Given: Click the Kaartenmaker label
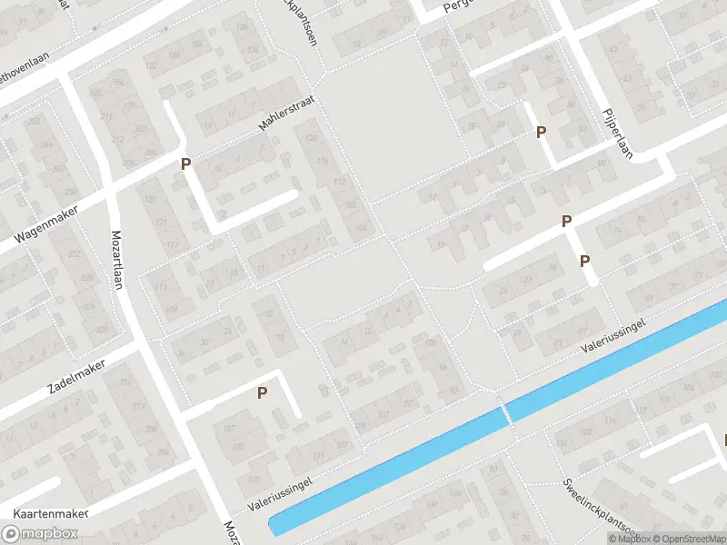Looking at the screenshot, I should click(x=45, y=513).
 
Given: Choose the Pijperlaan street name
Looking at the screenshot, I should click(x=615, y=134).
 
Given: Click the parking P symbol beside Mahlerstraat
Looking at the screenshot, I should click(x=186, y=164).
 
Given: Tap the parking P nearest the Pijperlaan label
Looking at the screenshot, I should click(x=542, y=132).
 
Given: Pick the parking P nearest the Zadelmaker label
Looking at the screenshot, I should click(x=263, y=393).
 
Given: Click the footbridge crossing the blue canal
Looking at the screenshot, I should click(x=507, y=413).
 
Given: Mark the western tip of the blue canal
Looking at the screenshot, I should click(x=272, y=525).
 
